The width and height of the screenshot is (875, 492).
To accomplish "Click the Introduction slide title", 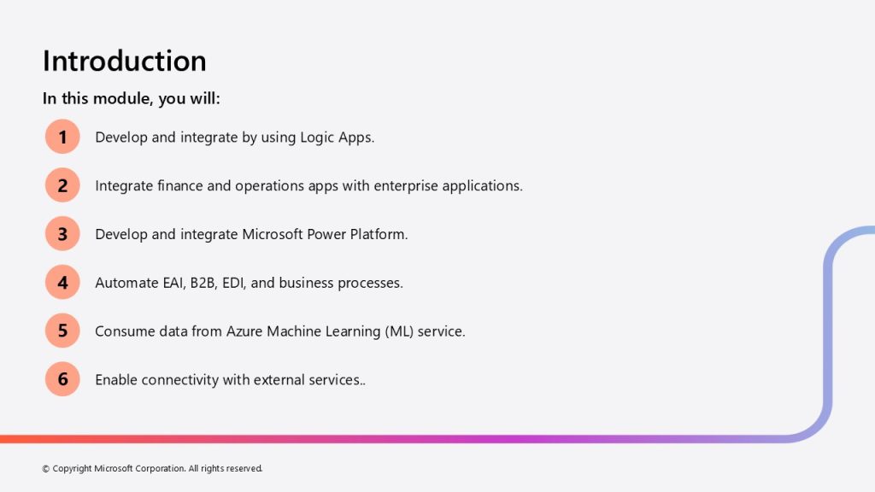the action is click(x=125, y=61).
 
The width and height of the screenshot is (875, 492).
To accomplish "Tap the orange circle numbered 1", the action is click(x=62, y=137).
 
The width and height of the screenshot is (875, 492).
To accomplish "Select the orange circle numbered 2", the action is click(x=62, y=185).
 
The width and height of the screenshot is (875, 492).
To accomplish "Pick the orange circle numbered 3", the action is click(x=62, y=234).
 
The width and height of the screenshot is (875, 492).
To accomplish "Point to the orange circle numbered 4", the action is click(x=62, y=282).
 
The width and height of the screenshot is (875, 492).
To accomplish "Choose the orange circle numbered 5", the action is click(x=62, y=331).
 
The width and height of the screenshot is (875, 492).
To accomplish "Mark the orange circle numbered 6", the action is click(x=62, y=379).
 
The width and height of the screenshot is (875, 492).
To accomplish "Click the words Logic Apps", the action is click(x=337, y=138).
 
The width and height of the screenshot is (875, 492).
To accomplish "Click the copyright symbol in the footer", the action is click(x=46, y=469).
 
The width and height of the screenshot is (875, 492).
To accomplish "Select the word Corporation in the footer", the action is click(x=160, y=469).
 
